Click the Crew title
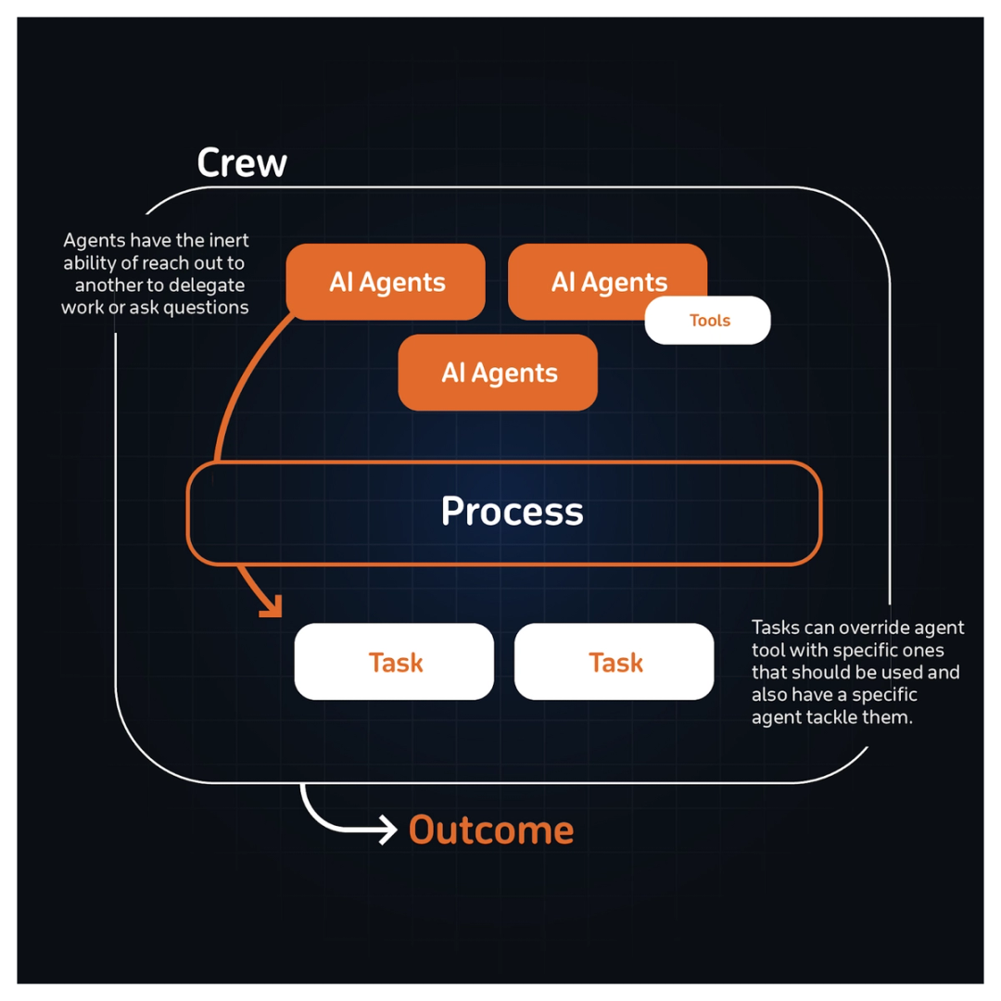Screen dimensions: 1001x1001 click(242, 163)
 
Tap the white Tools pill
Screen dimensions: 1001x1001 click(708, 321)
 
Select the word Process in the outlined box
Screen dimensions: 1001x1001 click(512, 512)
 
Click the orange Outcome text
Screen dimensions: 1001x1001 click(490, 830)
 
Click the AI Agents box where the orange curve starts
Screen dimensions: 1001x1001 click(386, 282)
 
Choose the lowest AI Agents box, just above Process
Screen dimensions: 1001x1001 click(499, 373)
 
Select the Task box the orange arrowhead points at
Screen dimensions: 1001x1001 click(395, 662)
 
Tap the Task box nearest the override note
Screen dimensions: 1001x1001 click(615, 662)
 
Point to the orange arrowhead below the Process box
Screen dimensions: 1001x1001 click(270, 606)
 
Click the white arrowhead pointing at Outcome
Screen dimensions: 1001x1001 click(386, 830)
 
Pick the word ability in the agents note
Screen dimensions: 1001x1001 click(89, 262)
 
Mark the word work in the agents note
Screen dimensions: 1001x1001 click(82, 307)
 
